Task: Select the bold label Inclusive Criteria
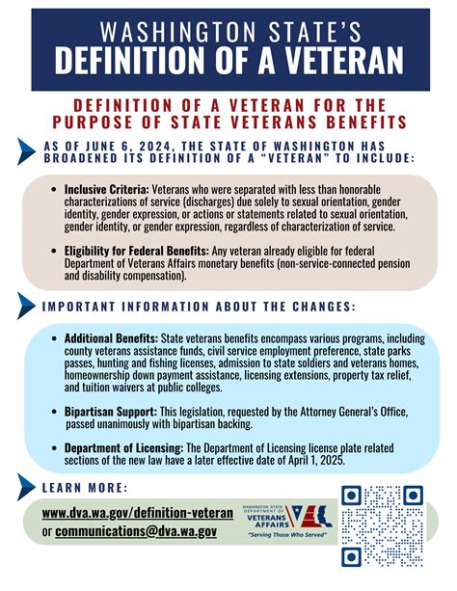pos(106,189)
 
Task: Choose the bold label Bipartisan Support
pos(105,411)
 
